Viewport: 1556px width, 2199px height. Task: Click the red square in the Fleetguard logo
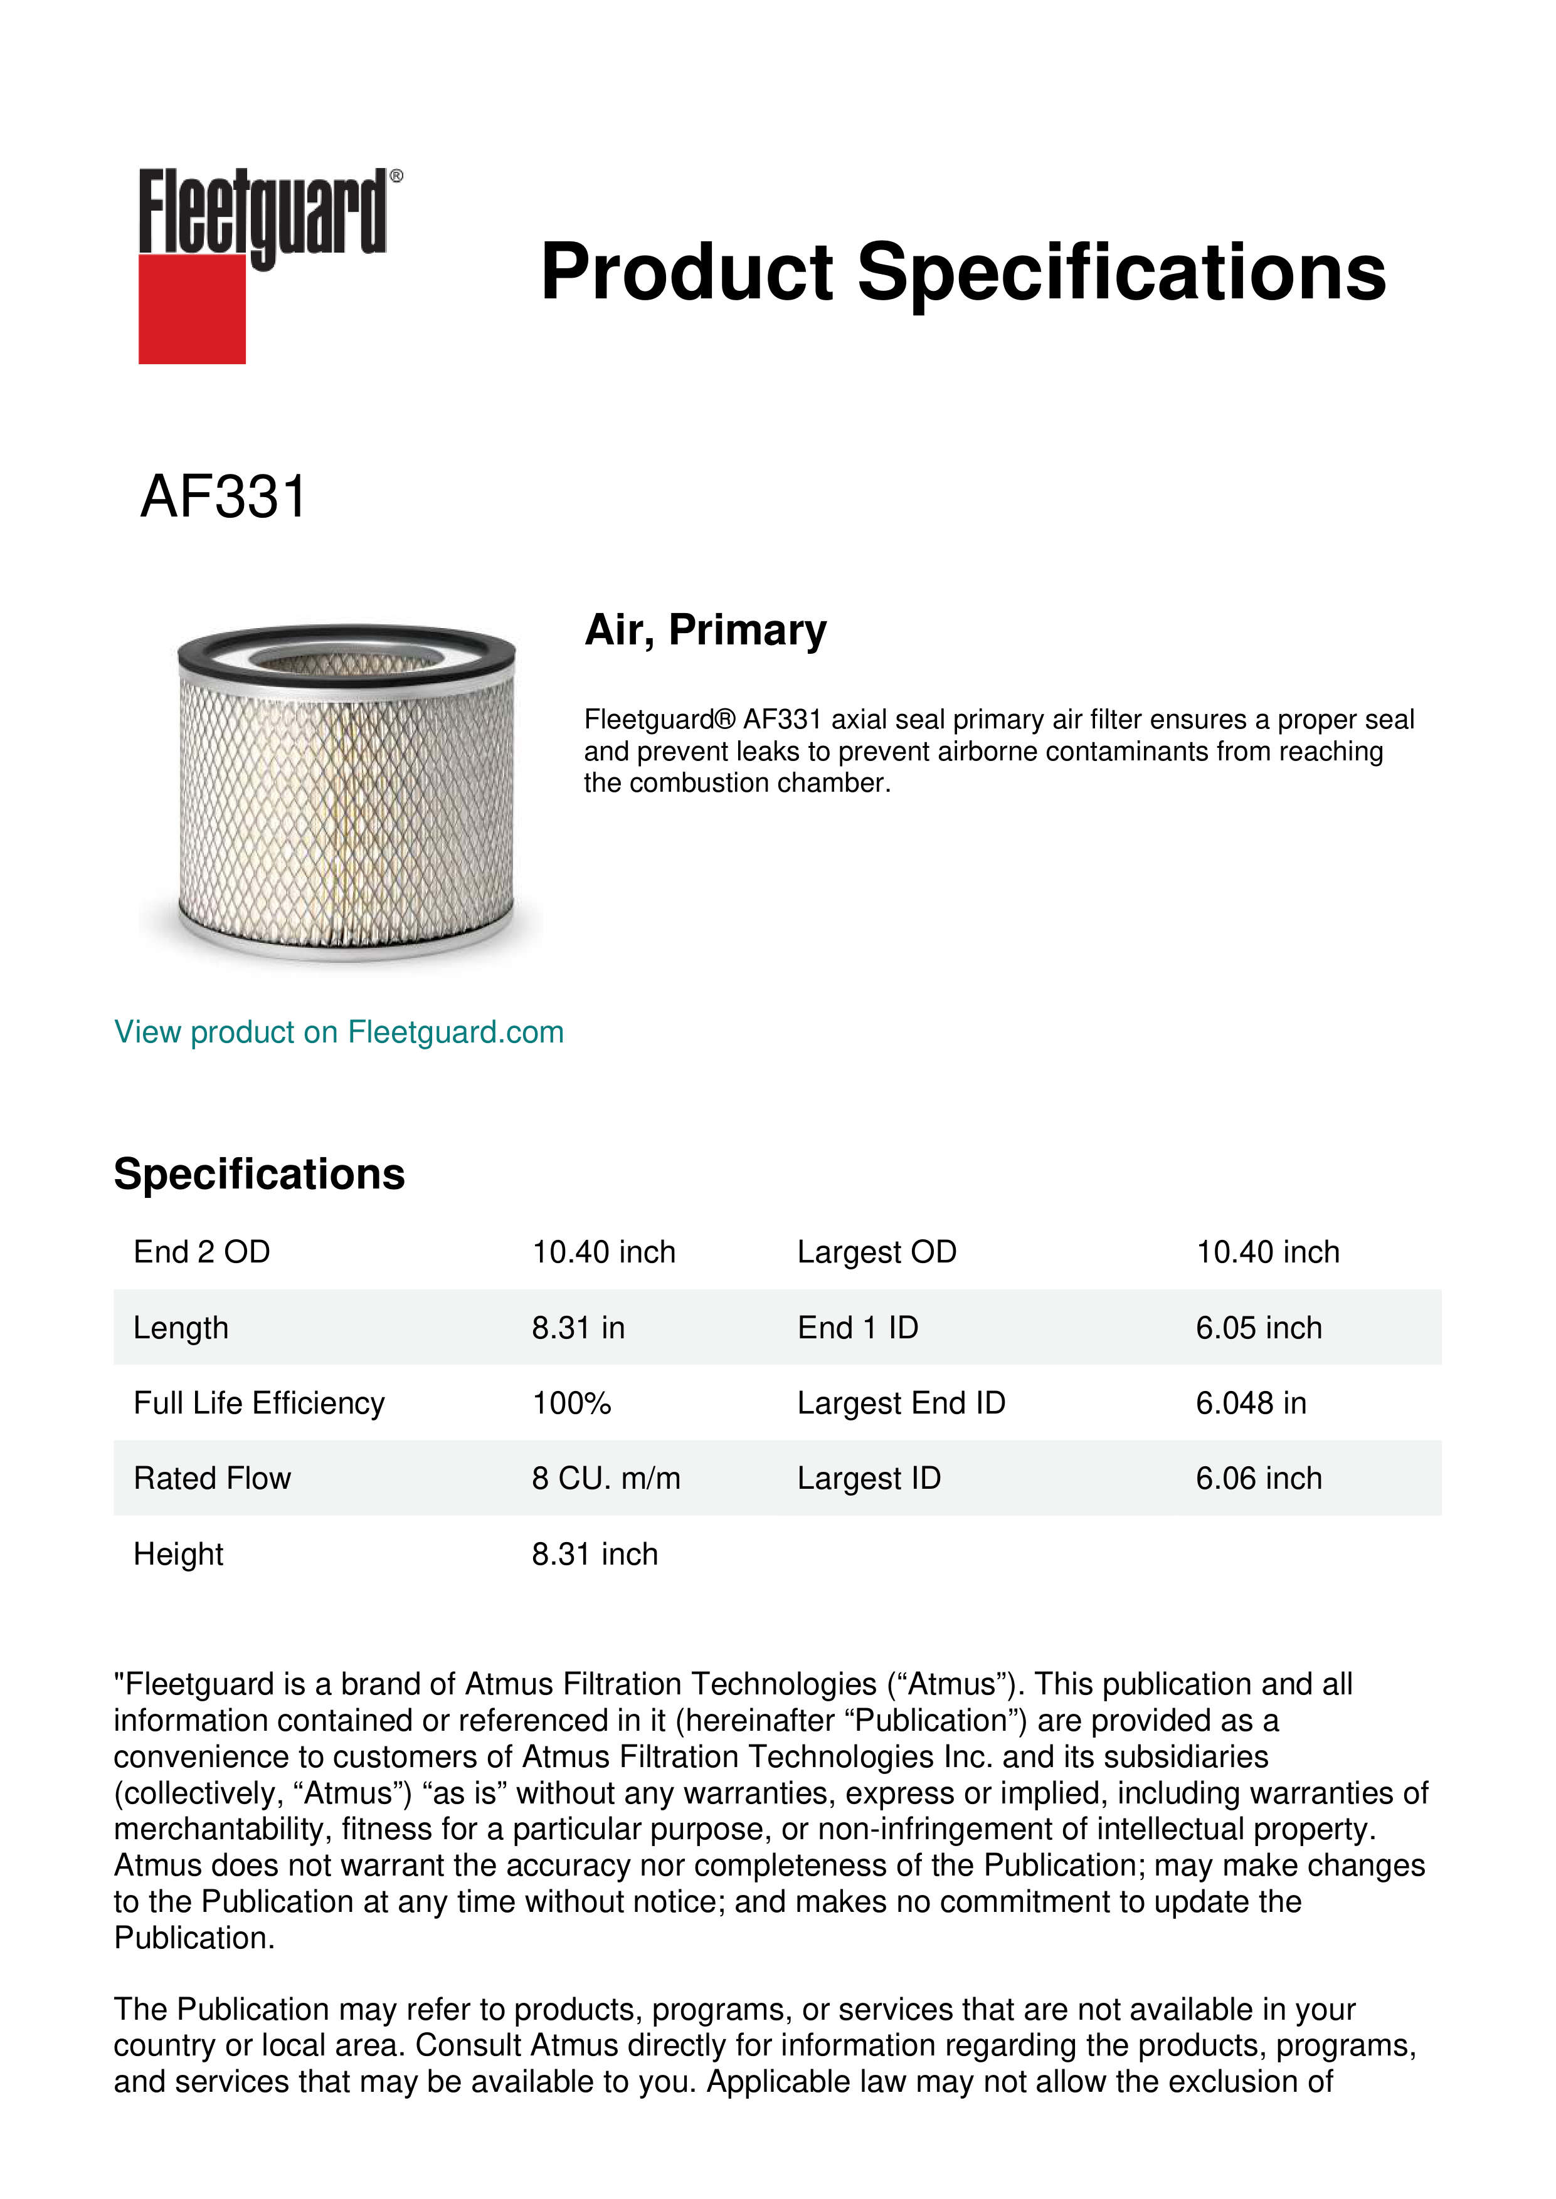[x=192, y=308]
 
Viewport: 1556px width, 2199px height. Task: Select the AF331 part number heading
[x=223, y=497]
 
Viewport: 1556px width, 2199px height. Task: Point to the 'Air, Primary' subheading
[x=705, y=630]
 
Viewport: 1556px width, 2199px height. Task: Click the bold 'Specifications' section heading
[x=258, y=1174]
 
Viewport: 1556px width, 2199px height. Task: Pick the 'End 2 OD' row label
[x=202, y=1252]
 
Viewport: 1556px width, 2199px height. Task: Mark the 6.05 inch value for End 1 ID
[x=1258, y=1328]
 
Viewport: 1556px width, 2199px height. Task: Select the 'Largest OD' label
[x=877, y=1252]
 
